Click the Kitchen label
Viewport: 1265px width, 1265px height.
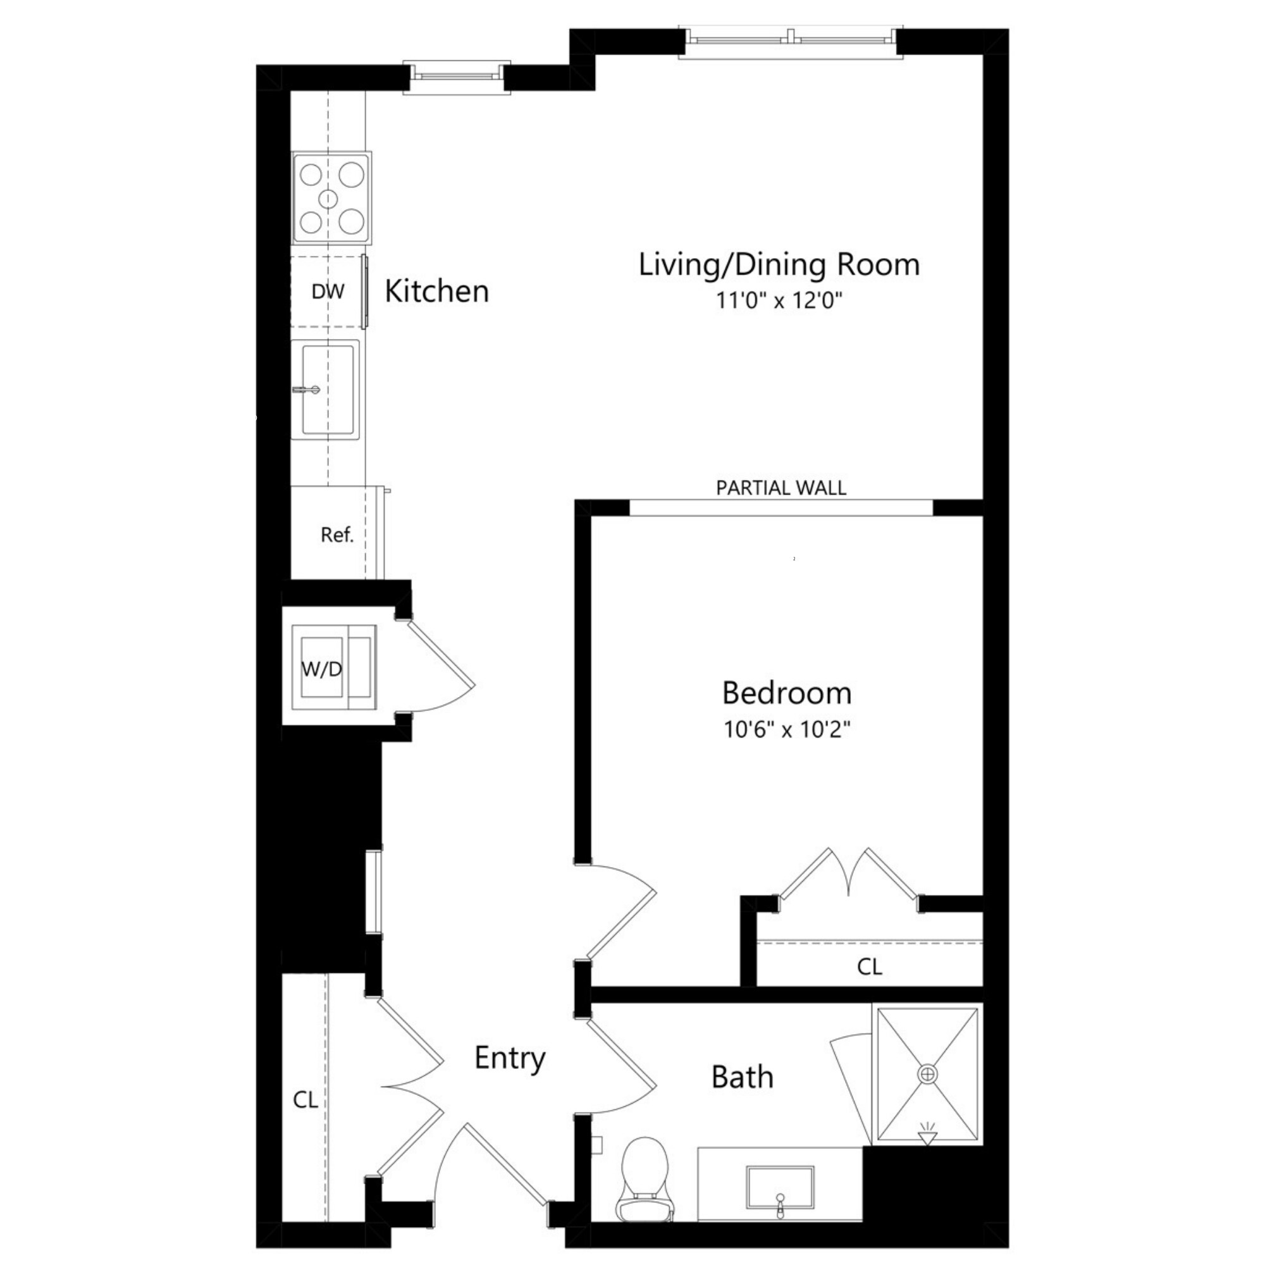coord(436,292)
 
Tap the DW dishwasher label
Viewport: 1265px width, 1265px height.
coord(328,292)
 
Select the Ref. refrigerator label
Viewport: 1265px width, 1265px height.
coord(336,535)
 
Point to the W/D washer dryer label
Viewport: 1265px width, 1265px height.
coord(321,669)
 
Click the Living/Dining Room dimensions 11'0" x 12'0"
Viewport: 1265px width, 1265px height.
coord(779,300)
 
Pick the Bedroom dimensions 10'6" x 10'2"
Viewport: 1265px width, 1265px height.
coord(786,729)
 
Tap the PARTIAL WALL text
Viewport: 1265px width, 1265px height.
coord(781,488)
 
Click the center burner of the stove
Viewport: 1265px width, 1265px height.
coord(328,199)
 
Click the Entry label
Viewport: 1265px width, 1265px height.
coord(509,1058)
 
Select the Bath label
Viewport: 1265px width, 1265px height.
coord(742,1077)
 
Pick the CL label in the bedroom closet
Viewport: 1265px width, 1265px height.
coord(869,966)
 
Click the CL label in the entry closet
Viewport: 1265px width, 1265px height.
coord(305,1100)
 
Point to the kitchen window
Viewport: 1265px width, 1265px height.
coord(457,77)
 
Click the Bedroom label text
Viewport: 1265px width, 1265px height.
coord(786,693)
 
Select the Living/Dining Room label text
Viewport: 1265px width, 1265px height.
coord(779,264)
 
